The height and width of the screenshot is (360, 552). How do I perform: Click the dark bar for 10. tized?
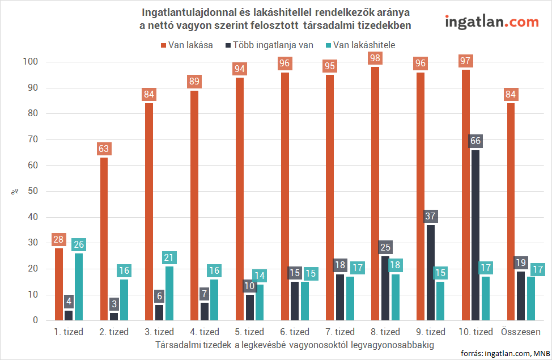coord(475,235)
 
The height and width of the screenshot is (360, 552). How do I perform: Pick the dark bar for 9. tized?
coord(430,273)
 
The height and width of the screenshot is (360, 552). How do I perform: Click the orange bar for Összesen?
coord(511,211)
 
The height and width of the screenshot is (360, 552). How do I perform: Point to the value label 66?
coord(475,141)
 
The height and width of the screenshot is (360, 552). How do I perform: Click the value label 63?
coord(104,149)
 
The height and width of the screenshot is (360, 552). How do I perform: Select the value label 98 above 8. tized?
coord(375,58)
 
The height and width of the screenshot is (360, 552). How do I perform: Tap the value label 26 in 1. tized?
coord(79,245)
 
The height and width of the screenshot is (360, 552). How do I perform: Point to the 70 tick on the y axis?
coord(33,139)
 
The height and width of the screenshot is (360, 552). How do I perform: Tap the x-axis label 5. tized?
coord(249,332)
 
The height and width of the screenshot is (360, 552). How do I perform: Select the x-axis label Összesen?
coord(521,332)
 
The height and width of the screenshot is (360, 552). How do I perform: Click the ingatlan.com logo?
coord(491,22)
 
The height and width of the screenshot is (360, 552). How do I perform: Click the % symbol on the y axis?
coord(15,192)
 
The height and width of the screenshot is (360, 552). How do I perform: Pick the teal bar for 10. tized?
coord(486,298)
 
